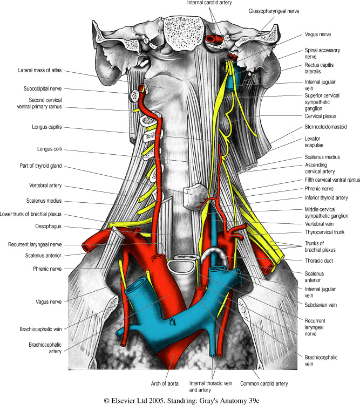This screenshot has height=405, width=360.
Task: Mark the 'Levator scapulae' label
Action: click(318, 142)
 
